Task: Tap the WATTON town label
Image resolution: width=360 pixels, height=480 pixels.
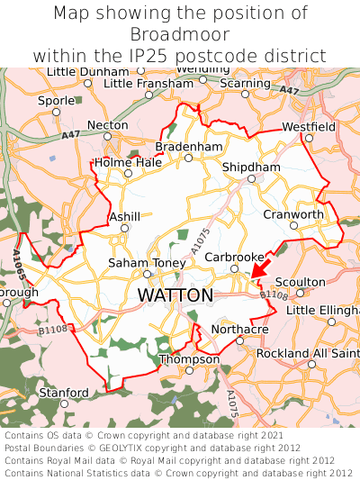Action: tap(175, 295)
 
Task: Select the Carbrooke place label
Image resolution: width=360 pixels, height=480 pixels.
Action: tap(234, 257)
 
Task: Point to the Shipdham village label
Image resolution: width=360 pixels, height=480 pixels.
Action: tap(251, 167)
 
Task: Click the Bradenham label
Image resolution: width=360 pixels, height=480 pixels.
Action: tap(188, 146)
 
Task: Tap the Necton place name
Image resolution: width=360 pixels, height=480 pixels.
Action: tap(108, 125)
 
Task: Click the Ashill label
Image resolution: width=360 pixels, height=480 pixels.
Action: tap(124, 217)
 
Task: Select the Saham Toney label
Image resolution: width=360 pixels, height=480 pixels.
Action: tap(146, 262)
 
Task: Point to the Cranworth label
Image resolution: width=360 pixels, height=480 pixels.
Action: tap(292, 214)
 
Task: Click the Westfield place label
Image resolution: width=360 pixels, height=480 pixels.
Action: tap(308, 127)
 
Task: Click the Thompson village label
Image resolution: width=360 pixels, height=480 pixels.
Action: tap(188, 359)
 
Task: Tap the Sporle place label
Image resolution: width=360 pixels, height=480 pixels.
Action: tap(56, 101)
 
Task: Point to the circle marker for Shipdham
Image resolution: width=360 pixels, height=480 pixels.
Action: tap(252, 178)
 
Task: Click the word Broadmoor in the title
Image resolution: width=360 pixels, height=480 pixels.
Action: tap(180, 34)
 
